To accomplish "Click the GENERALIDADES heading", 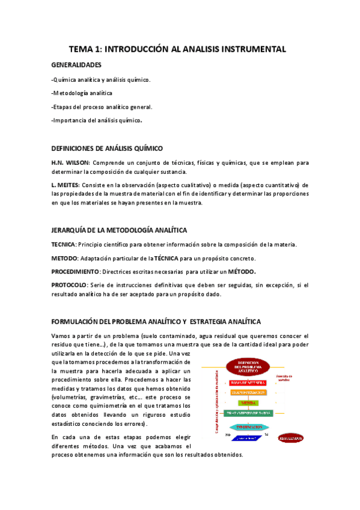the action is click(76, 65).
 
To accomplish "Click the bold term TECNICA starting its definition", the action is click(63, 244).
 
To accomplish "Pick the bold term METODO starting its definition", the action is click(64, 258).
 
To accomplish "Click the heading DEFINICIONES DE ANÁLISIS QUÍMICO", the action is click(107, 149).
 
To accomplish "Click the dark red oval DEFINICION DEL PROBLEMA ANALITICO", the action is click(248, 367).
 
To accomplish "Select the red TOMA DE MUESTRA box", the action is click(248, 383).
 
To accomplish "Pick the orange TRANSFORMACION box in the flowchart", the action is click(248, 392).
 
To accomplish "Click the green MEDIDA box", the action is click(247, 402).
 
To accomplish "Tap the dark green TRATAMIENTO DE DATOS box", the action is click(248, 413).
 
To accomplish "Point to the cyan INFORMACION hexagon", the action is click(247, 427).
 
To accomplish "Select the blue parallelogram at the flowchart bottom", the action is click(248, 438).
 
